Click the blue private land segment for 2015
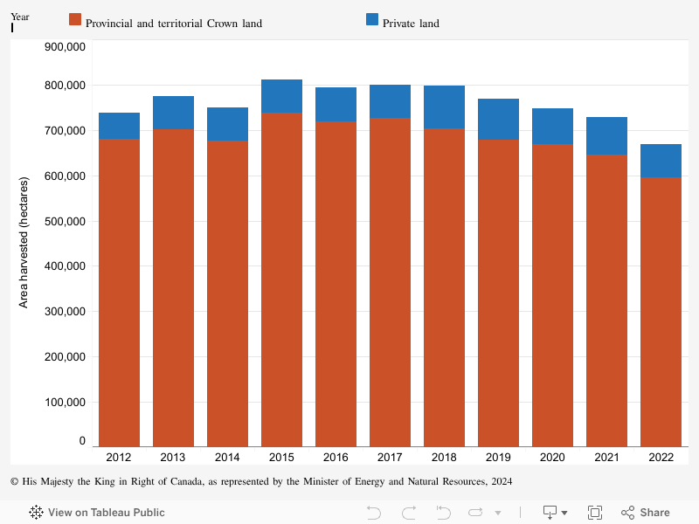(281, 96)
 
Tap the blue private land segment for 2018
(444, 107)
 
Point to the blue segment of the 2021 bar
(606, 135)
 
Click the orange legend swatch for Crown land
(74, 19)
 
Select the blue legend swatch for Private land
(372, 19)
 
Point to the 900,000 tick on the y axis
(64, 46)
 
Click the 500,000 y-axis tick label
(64, 221)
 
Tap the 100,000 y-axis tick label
(64, 402)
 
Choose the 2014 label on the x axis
(227, 457)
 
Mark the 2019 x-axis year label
(498, 457)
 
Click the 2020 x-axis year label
(552, 457)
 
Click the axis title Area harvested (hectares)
(24, 239)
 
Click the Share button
(646, 513)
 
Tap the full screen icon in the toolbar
(595, 513)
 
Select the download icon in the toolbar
(551, 513)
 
